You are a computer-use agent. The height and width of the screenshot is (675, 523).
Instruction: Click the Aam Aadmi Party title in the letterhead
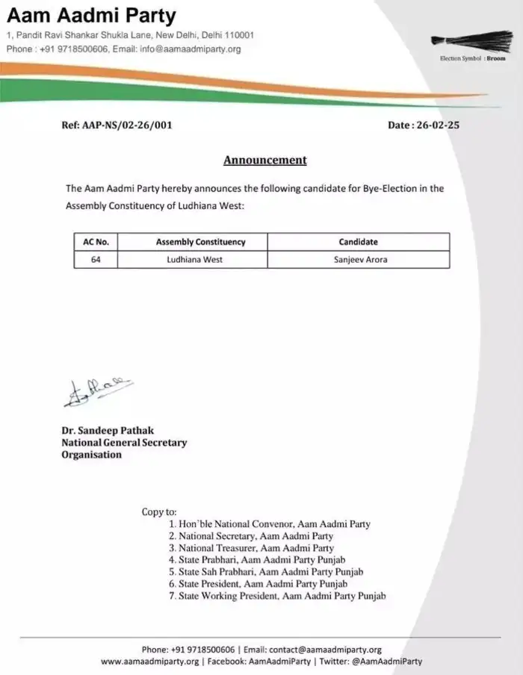91,16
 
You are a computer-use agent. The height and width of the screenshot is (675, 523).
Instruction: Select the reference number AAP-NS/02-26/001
117,125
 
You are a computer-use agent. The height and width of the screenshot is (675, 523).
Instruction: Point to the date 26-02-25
424,125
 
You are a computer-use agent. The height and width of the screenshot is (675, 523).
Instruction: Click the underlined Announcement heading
265,160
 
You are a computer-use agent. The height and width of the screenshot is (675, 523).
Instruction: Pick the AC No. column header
96,242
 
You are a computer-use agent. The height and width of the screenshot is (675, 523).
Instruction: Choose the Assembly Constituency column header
200,242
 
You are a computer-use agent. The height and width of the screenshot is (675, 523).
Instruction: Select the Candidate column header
358,242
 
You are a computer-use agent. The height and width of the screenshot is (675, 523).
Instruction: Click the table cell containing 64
96,260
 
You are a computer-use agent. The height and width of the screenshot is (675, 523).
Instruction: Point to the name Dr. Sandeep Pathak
109,431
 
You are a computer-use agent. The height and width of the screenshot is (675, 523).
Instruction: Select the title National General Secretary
124,443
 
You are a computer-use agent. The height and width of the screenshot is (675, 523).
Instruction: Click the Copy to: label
159,512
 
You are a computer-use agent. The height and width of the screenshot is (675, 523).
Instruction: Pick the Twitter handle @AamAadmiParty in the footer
386,661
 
